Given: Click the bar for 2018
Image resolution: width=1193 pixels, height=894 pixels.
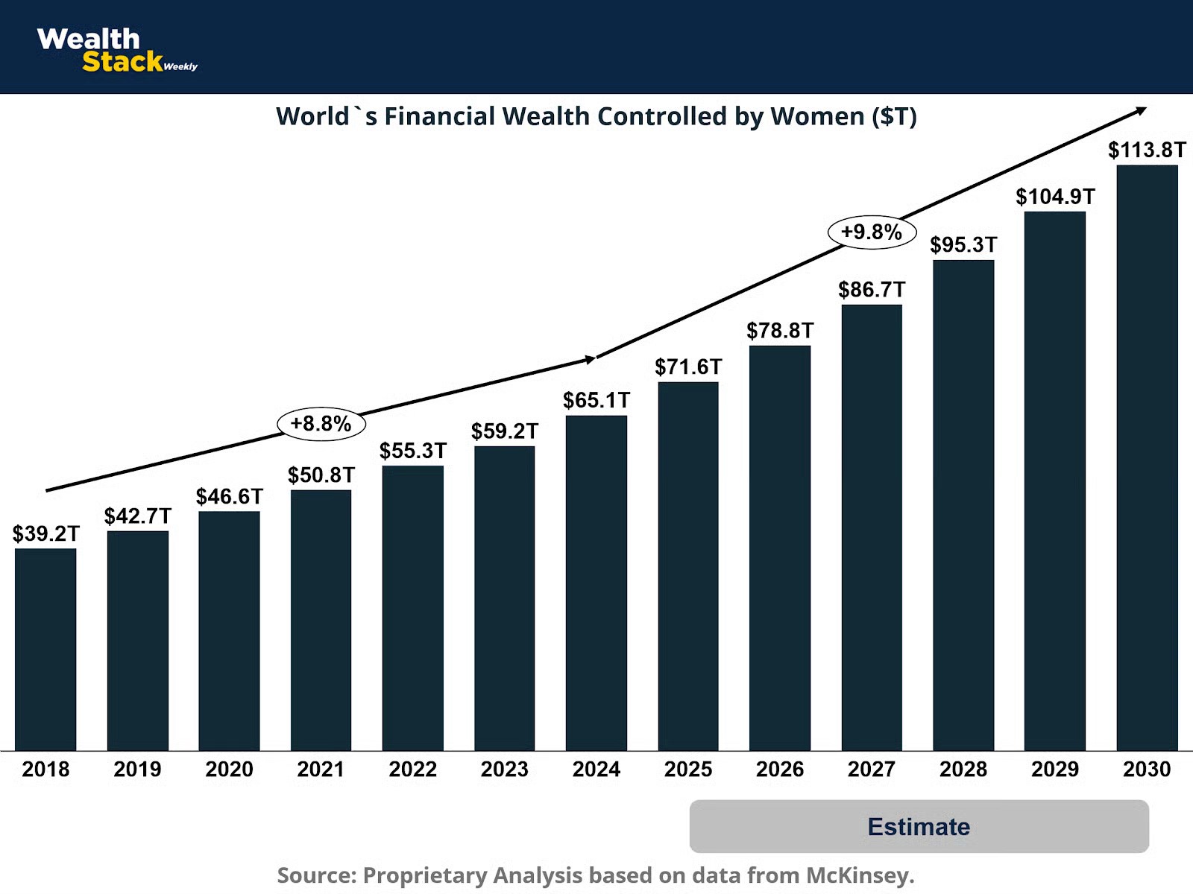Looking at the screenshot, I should pyautogui.click(x=45, y=649).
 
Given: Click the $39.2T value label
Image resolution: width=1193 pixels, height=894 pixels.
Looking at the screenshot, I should pyautogui.click(x=45, y=533).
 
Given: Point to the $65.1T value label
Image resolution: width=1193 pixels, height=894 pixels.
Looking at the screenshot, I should pyautogui.click(x=596, y=400).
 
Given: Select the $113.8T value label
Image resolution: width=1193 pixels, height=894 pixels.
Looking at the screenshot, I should pyautogui.click(x=1147, y=150).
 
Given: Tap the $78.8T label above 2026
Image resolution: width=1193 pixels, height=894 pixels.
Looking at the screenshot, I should pyautogui.click(x=780, y=330).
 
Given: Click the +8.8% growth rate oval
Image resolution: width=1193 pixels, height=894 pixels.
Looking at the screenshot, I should pyautogui.click(x=321, y=424).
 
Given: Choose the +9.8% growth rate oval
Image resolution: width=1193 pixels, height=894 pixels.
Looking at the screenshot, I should pyautogui.click(x=872, y=232).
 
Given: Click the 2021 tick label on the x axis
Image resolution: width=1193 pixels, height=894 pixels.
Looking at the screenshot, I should pyautogui.click(x=321, y=769).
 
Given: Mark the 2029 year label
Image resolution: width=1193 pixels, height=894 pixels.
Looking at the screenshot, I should pyautogui.click(x=1055, y=769).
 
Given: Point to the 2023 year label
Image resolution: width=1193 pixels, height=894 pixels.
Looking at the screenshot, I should pyautogui.click(x=504, y=769).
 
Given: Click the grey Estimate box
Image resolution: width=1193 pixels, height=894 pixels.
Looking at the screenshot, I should pyautogui.click(x=919, y=826).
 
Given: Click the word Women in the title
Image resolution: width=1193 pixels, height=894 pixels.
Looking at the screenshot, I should pyautogui.click(x=817, y=116).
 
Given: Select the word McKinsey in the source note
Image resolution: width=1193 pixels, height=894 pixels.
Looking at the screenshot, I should pyautogui.click(x=859, y=875).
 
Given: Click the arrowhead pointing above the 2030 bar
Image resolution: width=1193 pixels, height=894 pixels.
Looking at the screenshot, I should pyautogui.click(x=1142, y=111).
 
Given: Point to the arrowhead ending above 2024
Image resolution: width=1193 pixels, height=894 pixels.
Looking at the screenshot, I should pyautogui.click(x=591, y=359).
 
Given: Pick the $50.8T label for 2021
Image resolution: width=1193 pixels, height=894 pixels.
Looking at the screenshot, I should pyautogui.click(x=321, y=475).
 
